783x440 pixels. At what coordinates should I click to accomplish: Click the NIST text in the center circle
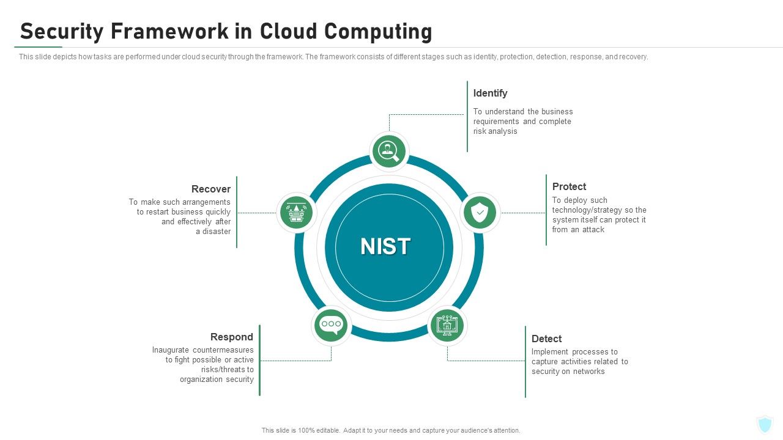tap(385, 246)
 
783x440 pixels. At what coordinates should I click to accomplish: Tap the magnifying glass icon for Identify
tap(389, 150)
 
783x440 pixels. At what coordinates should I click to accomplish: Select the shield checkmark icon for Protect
tap(480, 213)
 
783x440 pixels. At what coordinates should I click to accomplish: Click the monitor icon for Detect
tap(447, 326)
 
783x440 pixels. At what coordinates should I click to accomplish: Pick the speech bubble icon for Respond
tap(331, 325)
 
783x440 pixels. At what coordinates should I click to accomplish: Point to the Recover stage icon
tap(297, 213)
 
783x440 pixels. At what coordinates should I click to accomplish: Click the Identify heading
tap(490, 93)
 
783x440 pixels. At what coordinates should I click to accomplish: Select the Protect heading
tap(569, 186)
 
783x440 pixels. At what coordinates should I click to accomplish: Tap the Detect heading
tap(546, 339)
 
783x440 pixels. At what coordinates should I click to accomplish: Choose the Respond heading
tap(231, 337)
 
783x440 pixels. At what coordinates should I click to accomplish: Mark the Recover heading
tap(210, 189)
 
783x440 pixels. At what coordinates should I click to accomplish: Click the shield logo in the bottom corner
tap(765, 424)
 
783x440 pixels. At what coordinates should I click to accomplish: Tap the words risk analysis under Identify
tap(495, 131)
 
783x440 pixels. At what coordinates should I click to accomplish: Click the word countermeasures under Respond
tap(223, 350)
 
